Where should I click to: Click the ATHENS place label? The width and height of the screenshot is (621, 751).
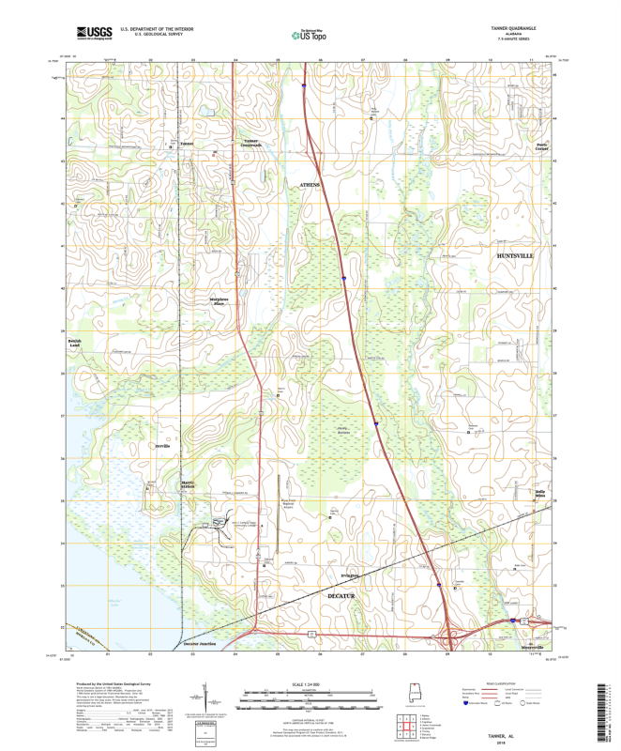pyautogui.click(x=310, y=185)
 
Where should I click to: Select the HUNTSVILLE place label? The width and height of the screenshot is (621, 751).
pyautogui.click(x=514, y=254)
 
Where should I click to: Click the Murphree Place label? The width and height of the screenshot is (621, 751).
pyautogui.click(x=220, y=301)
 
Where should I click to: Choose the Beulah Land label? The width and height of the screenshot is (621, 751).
pyautogui.click(x=75, y=344)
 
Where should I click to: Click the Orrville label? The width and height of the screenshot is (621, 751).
pyautogui.click(x=161, y=447)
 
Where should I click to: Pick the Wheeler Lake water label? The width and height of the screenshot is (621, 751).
pyautogui.click(x=83, y=641)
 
